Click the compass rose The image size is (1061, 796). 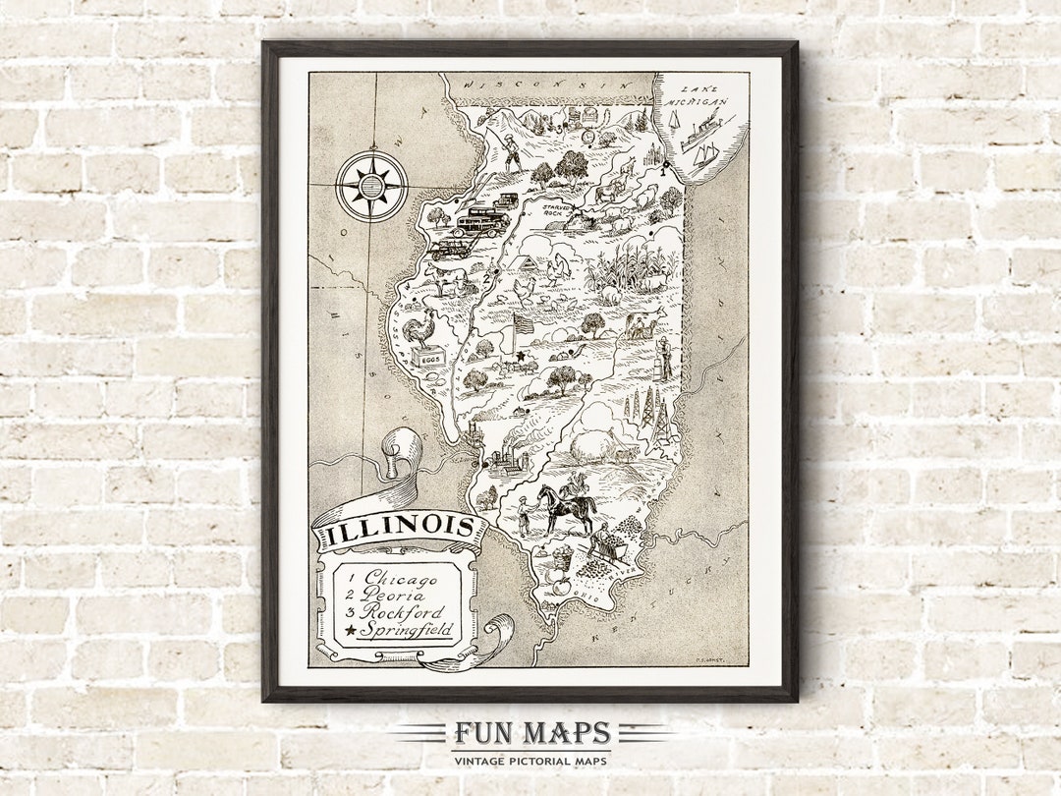(371, 185)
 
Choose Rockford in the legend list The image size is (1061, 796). (402, 613)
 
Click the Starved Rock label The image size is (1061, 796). (558, 209)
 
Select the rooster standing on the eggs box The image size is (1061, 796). (421, 328)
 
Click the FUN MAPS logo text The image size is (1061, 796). (530, 734)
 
